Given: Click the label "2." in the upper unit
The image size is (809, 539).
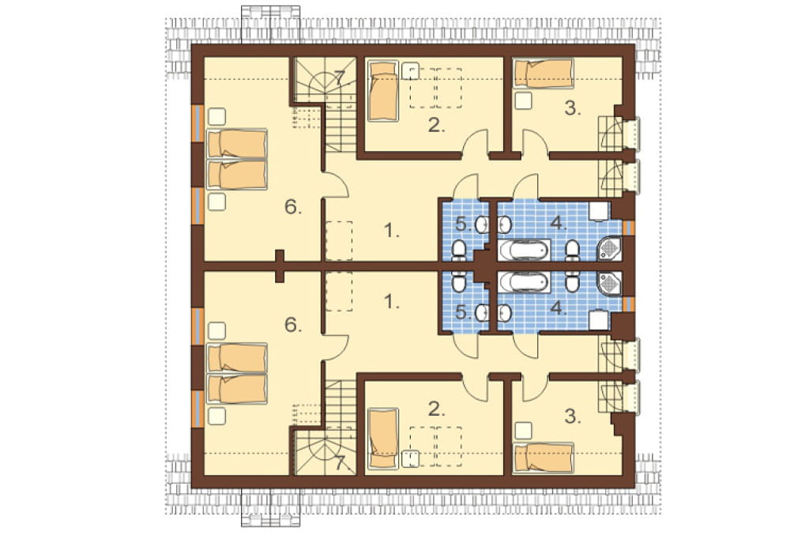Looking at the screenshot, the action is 436,126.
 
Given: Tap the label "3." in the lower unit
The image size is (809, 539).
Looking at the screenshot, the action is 572,416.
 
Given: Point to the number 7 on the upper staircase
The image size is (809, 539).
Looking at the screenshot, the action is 339,78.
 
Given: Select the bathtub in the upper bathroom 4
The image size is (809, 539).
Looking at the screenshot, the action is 524,250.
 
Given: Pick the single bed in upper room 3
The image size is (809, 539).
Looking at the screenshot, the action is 544,73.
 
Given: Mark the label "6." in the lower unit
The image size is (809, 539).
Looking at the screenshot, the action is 292,325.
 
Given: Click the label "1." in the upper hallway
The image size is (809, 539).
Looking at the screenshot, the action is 392,232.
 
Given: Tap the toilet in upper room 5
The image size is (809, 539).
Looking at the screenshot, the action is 458,250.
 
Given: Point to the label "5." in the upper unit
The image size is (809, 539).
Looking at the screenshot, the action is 463,224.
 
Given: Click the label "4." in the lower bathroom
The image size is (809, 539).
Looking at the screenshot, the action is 559,308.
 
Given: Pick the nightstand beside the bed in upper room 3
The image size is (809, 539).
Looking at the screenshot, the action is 524,100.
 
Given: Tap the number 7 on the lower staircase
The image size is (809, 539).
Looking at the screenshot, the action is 339,463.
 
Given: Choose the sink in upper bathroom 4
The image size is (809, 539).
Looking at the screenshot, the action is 505,224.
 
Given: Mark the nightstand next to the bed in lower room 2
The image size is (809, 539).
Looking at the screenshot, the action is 410,458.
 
